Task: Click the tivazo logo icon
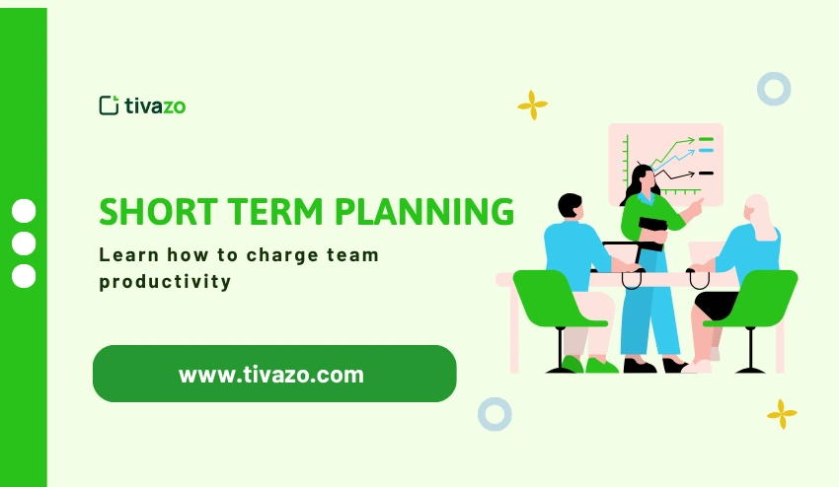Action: point(109,105)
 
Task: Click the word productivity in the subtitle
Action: point(165,281)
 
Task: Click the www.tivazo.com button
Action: point(273,374)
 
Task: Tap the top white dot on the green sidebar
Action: point(24,211)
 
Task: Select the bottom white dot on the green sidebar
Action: point(24,276)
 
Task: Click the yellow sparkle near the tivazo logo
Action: point(532,105)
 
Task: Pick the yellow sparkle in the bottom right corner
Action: point(782,413)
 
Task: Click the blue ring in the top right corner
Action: point(774,89)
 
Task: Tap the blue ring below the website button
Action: point(495,414)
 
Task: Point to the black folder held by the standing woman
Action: point(651,231)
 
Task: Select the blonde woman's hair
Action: point(760,217)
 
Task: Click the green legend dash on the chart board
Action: point(706,141)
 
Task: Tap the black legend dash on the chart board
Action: point(706,173)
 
